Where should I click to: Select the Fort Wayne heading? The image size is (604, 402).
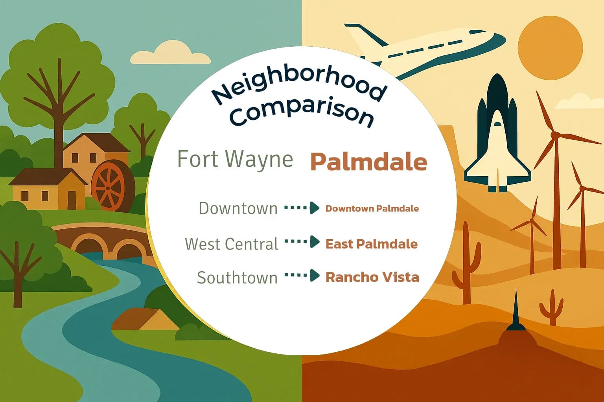235,159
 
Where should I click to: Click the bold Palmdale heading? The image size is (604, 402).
368,162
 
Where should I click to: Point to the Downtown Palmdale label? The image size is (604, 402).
372,208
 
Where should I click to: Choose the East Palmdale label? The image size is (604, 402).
372,244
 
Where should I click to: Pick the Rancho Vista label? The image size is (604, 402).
372,277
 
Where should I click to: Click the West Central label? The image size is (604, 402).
232,244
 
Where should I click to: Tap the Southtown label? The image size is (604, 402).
237,278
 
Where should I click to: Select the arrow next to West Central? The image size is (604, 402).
302,241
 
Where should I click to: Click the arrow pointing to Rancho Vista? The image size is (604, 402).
302,275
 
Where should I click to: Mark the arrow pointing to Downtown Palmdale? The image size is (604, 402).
302,208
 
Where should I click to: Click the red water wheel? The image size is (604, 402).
108,186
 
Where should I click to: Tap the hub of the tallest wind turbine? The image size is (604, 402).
555,135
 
